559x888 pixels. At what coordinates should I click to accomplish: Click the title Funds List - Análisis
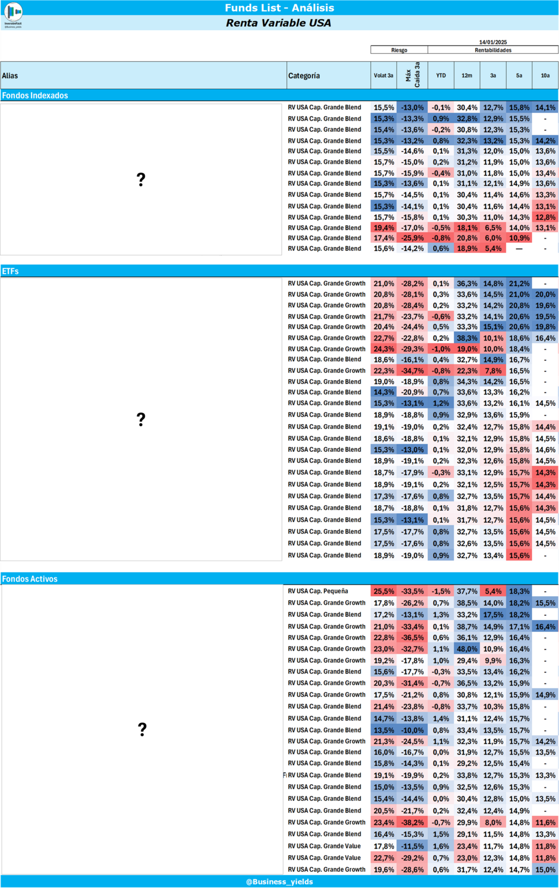coord(279,8)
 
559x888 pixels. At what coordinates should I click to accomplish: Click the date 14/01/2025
coord(493,42)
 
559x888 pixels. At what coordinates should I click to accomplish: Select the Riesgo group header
coord(399,50)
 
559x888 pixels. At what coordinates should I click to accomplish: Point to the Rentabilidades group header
coord(493,50)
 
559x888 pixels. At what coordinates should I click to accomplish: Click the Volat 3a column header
coord(383,76)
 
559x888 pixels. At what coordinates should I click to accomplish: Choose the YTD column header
coord(441,76)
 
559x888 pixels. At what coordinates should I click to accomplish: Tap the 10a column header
coord(545,76)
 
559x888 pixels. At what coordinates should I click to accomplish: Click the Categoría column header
coord(304,76)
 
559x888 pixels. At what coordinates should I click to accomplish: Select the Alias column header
coord(10,76)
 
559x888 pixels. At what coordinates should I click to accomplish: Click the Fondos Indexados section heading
coord(35,96)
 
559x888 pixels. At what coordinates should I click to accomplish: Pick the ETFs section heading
coord(11,271)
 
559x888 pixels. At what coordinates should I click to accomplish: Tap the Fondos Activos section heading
coord(30,579)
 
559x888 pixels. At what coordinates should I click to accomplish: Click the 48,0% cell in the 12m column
coord(467,648)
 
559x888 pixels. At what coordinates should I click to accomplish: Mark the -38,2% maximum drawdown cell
coord(412,822)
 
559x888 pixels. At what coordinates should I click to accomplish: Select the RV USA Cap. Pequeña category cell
coord(318,591)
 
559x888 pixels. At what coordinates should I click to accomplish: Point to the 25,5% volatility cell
coord(384,591)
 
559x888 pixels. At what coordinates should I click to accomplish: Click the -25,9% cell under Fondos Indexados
coord(412,238)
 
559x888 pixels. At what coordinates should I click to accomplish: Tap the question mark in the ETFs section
coord(141,420)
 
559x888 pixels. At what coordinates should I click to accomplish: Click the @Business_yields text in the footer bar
coord(279,882)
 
